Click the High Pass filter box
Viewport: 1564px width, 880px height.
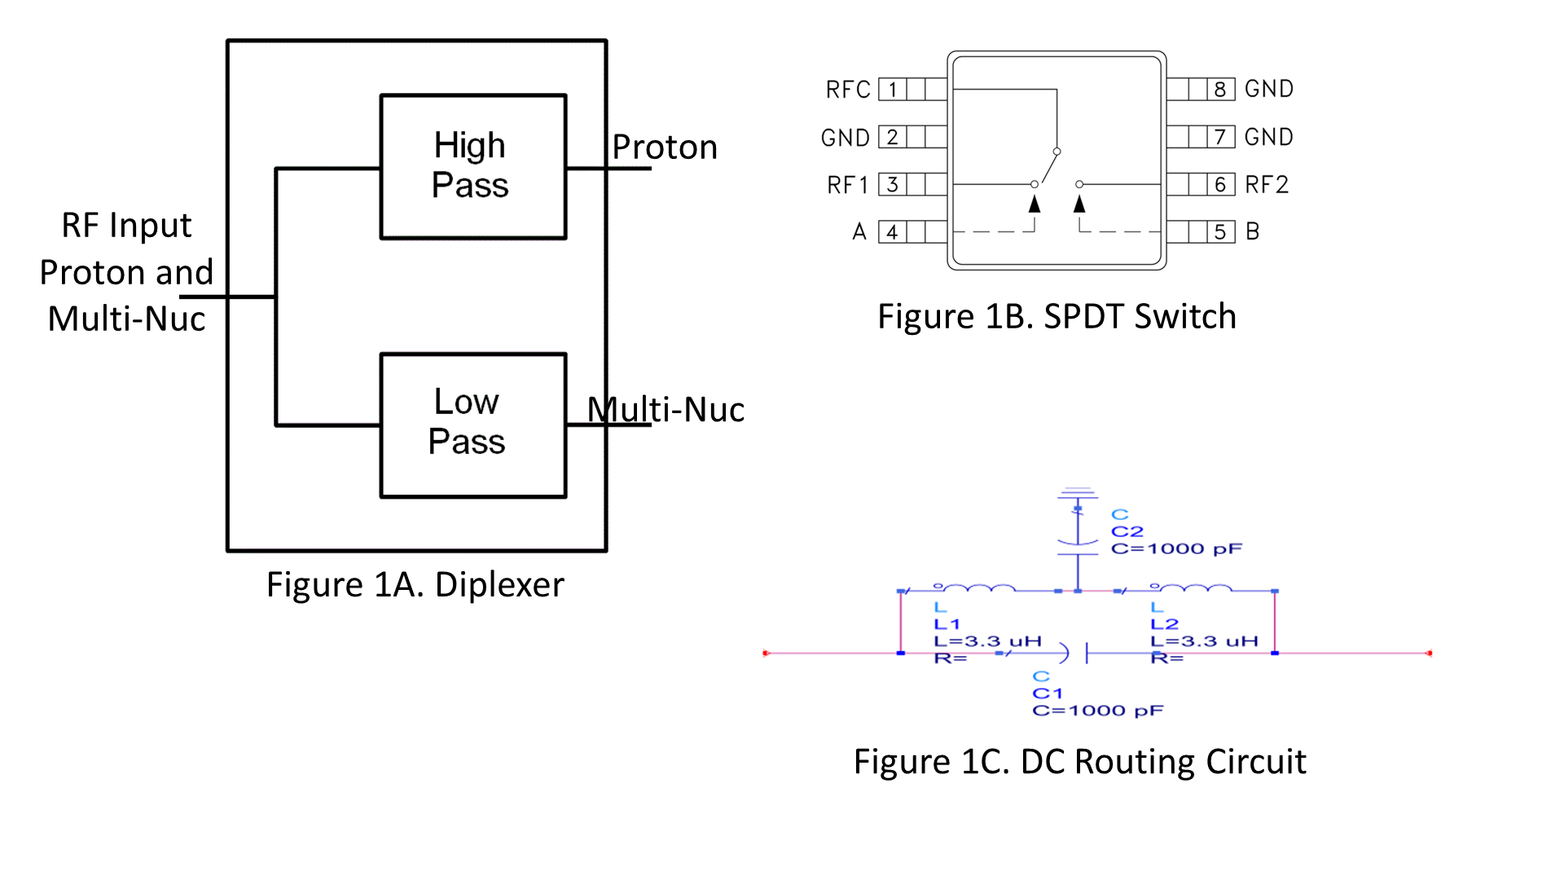click(x=472, y=166)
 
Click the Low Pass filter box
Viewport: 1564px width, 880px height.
click(x=472, y=425)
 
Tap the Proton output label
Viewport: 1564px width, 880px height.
click(x=665, y=147)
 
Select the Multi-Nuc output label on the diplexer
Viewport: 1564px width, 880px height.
click(x=666, y=409)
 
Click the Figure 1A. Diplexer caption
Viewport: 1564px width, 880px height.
click(x=415, y=585)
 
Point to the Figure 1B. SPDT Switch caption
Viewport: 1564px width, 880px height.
click(x=1057, y=316)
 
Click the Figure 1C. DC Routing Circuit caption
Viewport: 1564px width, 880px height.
click(x=1079, y=762)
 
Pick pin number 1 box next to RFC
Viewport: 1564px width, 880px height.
click(x=893, y=89)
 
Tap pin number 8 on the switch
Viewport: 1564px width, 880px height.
click(x=1220, y=89)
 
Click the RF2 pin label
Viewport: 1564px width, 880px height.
click(x=1267, y=185)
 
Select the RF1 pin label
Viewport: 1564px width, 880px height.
click(x=847, y=185)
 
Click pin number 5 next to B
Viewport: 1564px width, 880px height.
click(x=1220, y=232)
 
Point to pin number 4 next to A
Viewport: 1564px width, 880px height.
click(x=893, y=232)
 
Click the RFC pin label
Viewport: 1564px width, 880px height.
click(x=848, y=89)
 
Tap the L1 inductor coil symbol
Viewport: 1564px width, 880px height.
click(x=977, y=587)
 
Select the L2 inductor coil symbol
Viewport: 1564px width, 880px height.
click(x=1194, y=587)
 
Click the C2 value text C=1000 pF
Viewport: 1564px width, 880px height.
click(x=1176, y=548)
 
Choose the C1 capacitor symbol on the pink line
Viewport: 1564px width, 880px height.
click(x=1075, y=653)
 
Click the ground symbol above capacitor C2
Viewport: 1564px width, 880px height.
click(x=1078, y=493)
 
